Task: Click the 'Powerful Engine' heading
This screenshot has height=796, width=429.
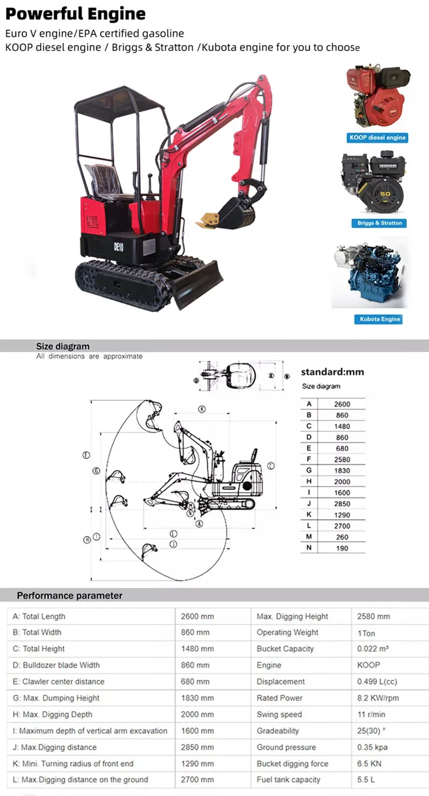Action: [x=76, y=13]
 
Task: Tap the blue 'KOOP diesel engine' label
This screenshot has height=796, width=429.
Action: [x=378, y=138]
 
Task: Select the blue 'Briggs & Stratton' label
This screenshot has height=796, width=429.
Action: [x=380, y=223]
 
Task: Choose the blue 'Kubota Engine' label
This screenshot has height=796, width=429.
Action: [x=380, y=319]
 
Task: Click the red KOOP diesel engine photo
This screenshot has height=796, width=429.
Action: [x=377, y=96]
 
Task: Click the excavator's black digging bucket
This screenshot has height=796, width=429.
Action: [x=236, y=212]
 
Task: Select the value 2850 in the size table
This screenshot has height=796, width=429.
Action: [x=342, y=504]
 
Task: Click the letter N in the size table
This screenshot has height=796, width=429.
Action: [x=309, y=548]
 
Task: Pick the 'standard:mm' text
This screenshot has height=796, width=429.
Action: [x=332, y=371]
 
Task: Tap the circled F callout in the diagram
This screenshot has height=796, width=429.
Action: [x=86, y=455]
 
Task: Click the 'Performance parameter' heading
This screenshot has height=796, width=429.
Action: [x=70, y=596]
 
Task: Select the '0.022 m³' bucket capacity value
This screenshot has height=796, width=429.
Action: [x=373, y=649]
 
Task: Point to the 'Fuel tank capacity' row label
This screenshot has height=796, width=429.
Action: [x=289, y=779]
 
